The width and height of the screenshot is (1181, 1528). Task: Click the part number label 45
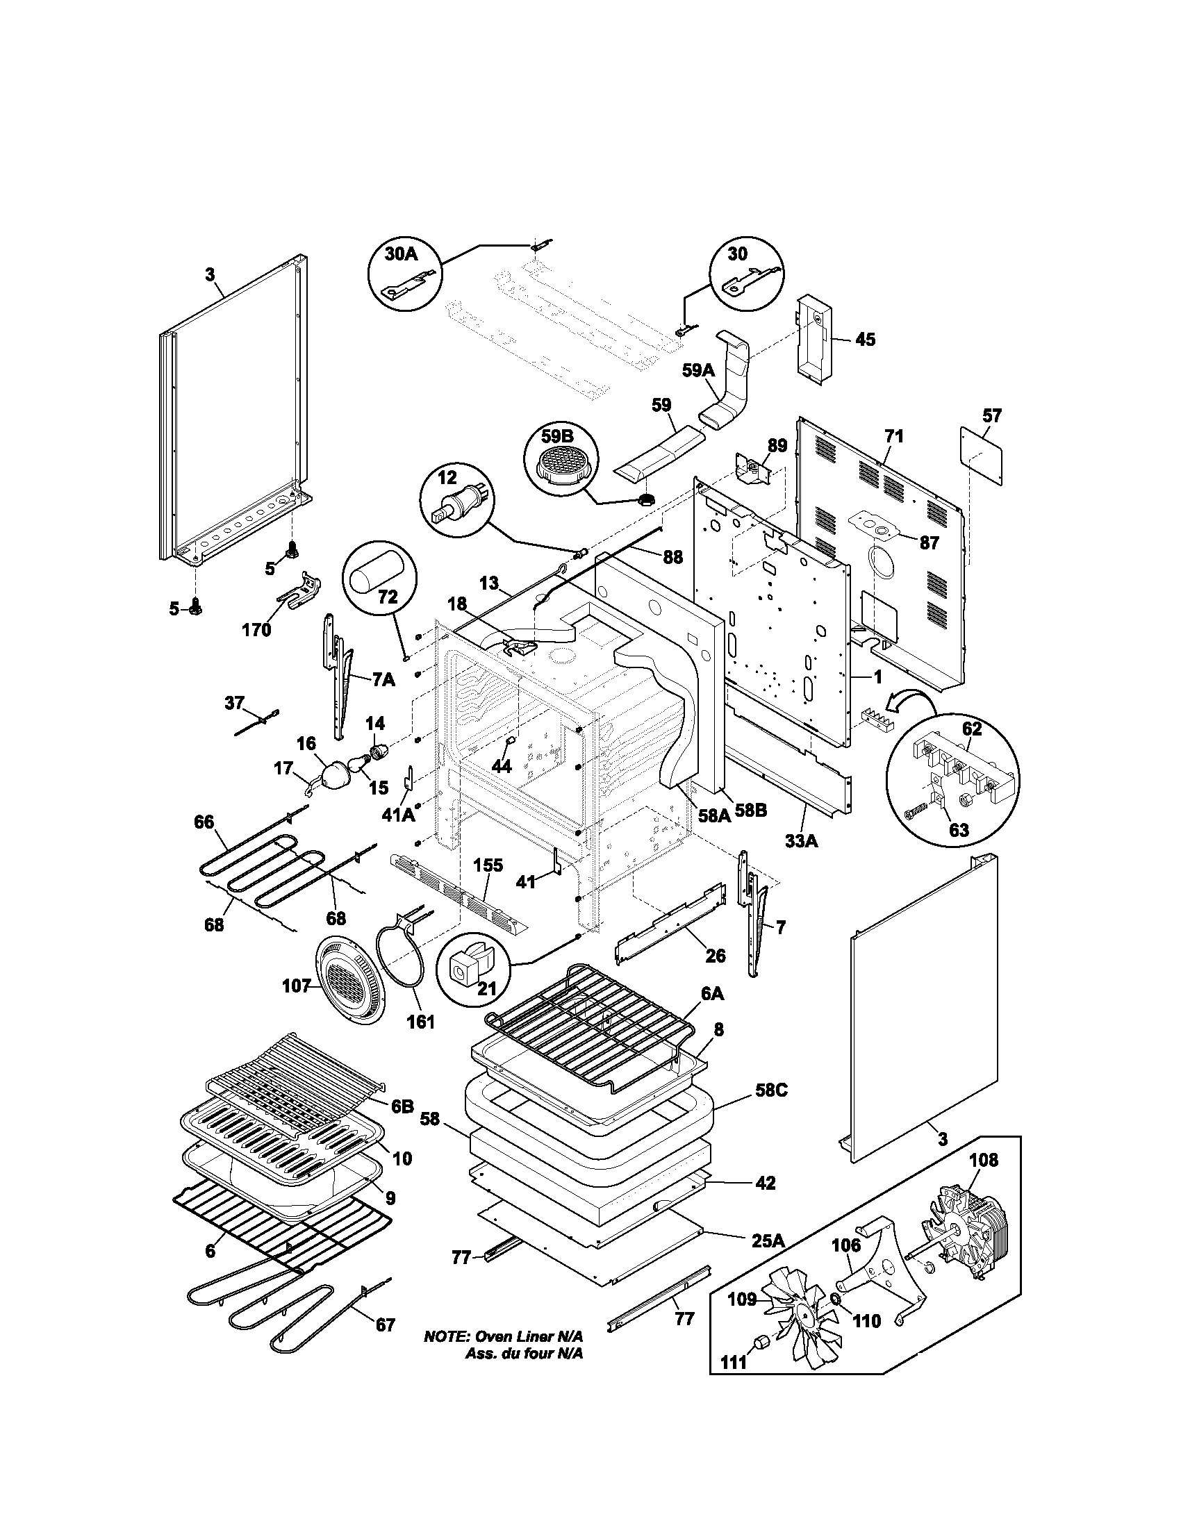click(x=865, y=340)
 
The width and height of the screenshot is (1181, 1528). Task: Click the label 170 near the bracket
click(x=256, y=630)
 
